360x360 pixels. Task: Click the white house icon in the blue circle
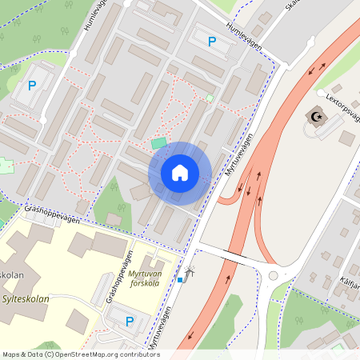pyautogui.click(x=179, y=172)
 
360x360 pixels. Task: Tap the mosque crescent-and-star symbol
pyautogui.click(x=314, y=118)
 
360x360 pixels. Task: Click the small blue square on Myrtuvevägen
pyautogui.click(x=180, y=279)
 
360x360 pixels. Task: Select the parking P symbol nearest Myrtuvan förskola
pyautogui.click(x=130, y=322)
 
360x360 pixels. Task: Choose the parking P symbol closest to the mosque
pyautogui.click(x=211, y=42)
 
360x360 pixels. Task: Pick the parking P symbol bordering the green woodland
pyautogui.click(x=32, y=86)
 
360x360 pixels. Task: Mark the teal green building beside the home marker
pyautogui.click(x=160, y=144)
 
